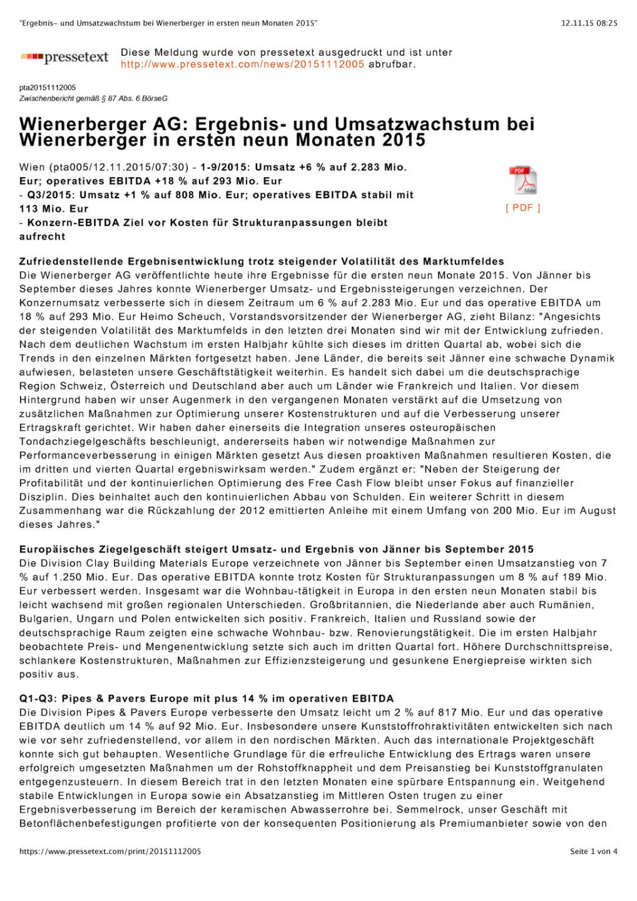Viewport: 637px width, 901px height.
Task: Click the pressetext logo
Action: click(64, 58)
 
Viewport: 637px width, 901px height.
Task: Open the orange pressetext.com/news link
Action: click(242, 64)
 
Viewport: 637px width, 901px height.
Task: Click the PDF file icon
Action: click(523, 181)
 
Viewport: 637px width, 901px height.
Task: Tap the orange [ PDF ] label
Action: click(522, 208)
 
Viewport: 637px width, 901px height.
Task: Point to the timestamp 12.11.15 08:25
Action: click(589, 23)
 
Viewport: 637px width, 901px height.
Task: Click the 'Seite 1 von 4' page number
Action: click(593, 851)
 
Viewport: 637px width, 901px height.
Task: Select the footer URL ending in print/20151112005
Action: click(110, 851)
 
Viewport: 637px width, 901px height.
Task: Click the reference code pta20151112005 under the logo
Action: click(48, 88)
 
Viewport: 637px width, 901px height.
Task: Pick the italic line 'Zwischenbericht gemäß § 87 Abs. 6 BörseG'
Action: click(93, 98)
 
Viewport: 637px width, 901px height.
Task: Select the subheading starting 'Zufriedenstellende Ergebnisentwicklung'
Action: click(261, 261)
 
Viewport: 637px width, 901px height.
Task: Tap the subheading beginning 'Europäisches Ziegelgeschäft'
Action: click(276, 549)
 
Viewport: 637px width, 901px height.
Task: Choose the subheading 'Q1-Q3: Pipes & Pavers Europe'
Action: click(206, 698)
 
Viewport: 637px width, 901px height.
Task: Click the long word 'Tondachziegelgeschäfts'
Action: click(83, 442)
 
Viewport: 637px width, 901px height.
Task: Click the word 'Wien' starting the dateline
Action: click(32, 167)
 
